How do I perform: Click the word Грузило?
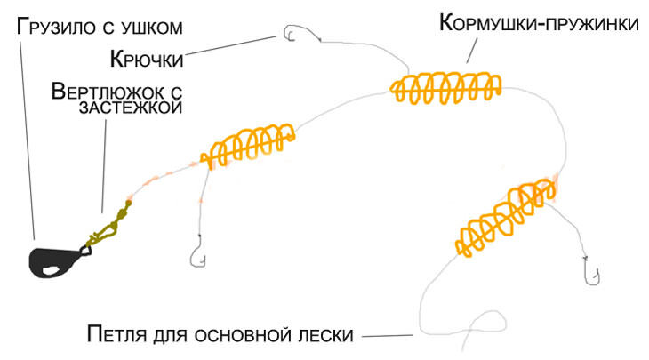point(53,27)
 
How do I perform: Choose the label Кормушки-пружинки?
point(539,23)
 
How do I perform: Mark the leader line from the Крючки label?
point(231,48)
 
